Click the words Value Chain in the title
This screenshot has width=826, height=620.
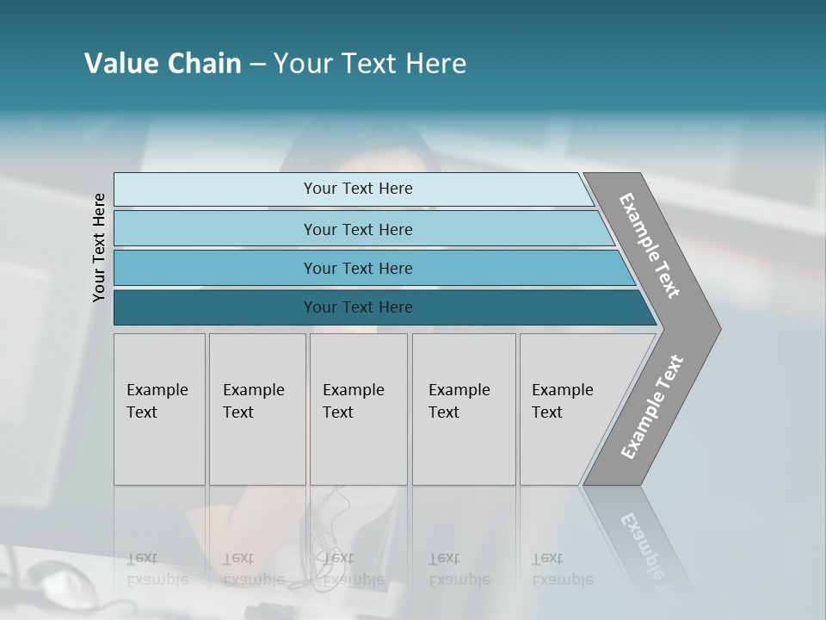click(163, 64)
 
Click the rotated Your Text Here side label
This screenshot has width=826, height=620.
click(99, 248)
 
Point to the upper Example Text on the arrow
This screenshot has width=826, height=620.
click(650, 245)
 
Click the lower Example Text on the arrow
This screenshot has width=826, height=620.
click(651, 406)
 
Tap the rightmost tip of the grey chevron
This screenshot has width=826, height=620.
click(718, 328)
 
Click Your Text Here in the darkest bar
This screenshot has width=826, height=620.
click(358, 307)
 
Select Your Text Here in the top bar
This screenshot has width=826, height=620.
click(358, 189)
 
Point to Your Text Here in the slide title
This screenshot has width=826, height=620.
click(370, 64)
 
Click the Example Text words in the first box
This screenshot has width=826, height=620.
click(157, 401)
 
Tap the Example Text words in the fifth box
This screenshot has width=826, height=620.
click(562, 401)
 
